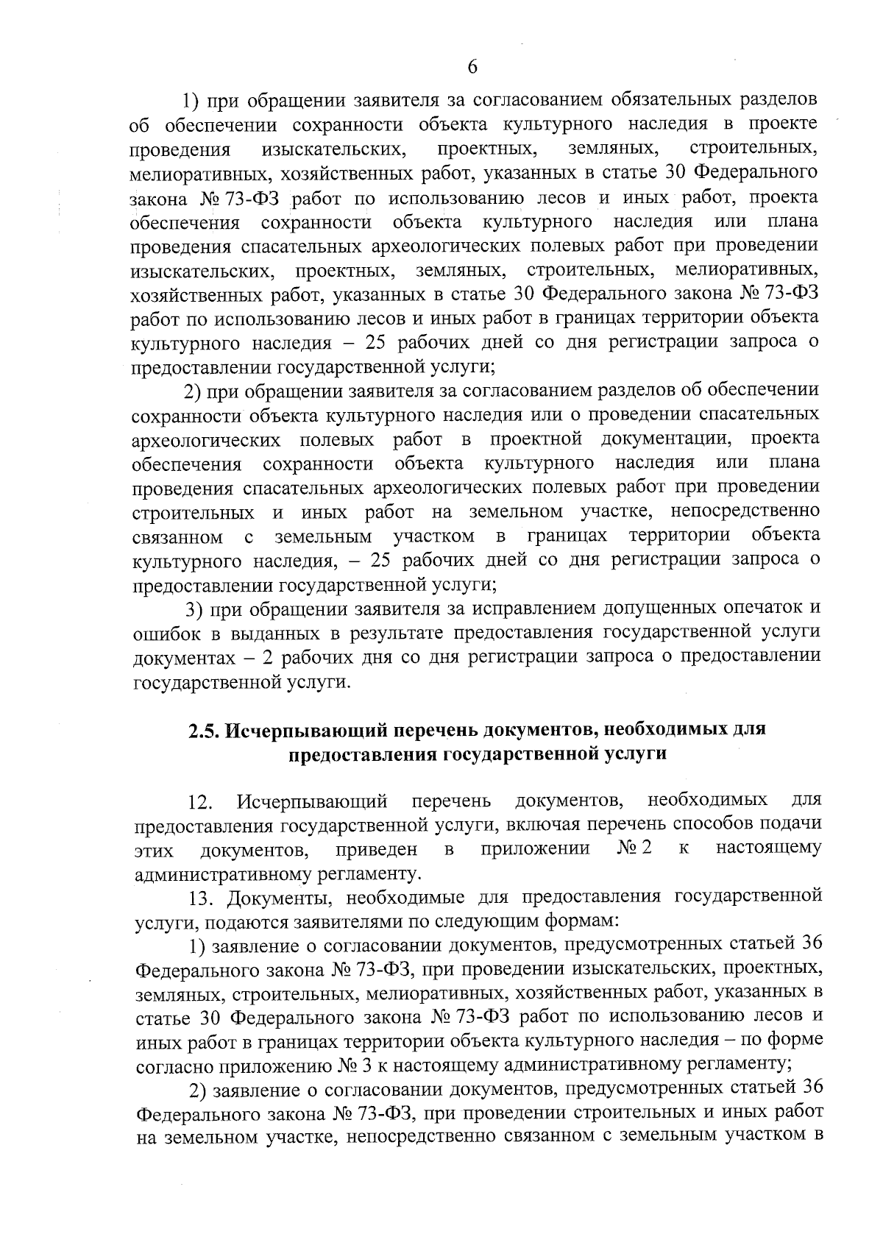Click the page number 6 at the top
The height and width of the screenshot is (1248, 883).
click(x=472, y=66)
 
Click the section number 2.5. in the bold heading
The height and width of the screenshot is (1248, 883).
click(x=203, y=730)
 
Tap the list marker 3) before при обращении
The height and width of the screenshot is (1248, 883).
click(x=194, y=609)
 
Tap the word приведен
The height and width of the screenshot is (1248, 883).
click(x=376, y=850)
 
